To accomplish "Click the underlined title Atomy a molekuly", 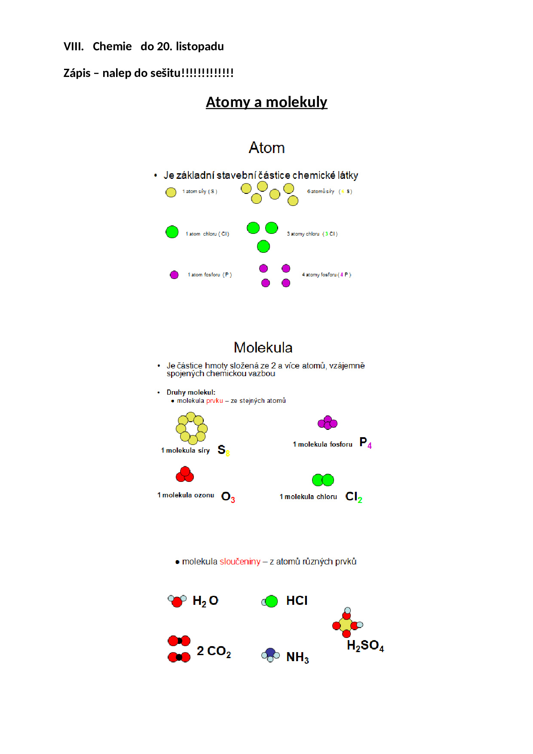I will click(x=266, y=102).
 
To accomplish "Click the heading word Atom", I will click(x=266, y=148).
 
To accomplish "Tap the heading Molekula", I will click(x=263, y=347).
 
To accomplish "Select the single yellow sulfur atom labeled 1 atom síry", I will click(x=171, y=192).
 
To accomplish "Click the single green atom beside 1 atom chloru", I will click(x=172, y=232).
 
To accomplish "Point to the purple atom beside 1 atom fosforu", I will click(x=174, y=275).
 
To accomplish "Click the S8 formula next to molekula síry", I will click(x=223, y=450).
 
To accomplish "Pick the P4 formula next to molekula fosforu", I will click(x=365, y=443).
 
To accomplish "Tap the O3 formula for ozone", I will click(x=228, y=497).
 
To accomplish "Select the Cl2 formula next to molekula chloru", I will click(x=354, y=497).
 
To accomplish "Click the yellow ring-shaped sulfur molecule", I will click(x=192, y=428).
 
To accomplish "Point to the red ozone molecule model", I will click(x=185, y=474).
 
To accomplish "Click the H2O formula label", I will click(x=205, y=601).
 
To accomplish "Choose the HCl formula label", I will click(x=297, y=601).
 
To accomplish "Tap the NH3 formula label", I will click(x=297, y=657).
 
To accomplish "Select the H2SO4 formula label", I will click(x=365, y=646).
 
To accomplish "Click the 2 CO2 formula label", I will click(x=214, y=652).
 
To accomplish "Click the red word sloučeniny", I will click(x=240, y=562).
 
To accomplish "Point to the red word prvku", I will click(x=214, y=401).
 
